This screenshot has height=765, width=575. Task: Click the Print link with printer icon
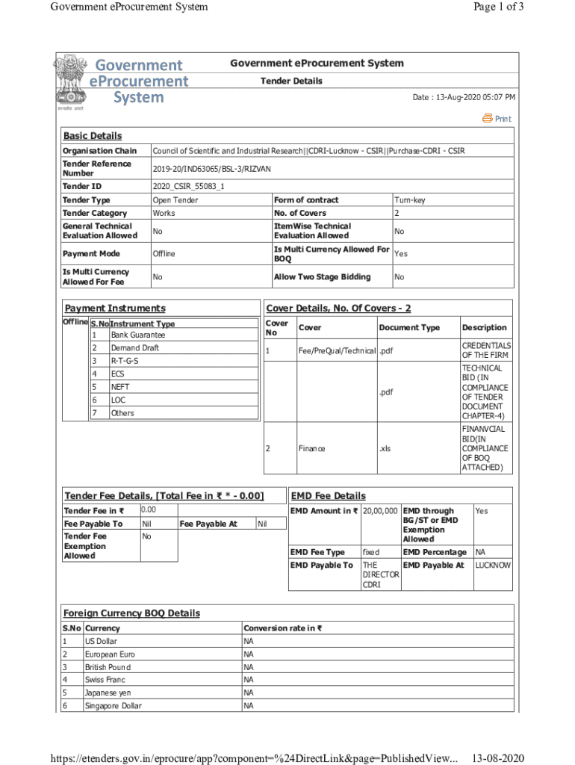497,118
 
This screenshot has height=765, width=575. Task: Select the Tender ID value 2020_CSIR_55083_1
188,186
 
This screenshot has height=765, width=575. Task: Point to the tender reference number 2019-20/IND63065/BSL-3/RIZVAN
211,169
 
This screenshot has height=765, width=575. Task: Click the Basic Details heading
92,136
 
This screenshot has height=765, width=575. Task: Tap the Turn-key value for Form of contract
410,200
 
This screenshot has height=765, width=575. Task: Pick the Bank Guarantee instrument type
138,335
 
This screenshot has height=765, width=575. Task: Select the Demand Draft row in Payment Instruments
134,348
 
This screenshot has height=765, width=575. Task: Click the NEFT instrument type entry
119,387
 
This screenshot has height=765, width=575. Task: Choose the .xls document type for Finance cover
385,449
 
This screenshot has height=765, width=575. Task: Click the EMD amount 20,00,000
380,511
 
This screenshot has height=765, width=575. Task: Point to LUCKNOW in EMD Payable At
493,566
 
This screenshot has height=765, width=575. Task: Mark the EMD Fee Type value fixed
370,552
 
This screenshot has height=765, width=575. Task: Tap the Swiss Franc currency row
105,680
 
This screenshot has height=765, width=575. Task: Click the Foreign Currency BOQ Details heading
131,613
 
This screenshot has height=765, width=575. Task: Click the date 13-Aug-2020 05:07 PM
464,98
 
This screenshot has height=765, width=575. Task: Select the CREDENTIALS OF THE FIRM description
485,350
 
